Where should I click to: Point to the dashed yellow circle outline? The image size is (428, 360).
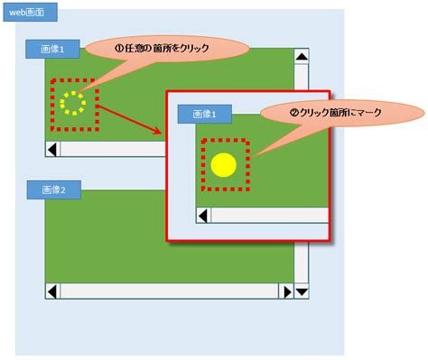pyautogui.click(x=73, y=101)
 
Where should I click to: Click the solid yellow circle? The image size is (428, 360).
pyautogui.click(x=223, y=164)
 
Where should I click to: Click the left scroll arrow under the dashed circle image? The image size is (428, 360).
pyautogui.click(x=53, y=147)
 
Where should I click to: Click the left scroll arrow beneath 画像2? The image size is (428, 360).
pyautogui.click(x=53, y=291)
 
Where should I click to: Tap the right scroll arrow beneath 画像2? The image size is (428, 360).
pyautogui.click(x=286, y=291)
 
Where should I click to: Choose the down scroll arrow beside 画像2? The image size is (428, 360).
pyautogui.click(x=302, y=291)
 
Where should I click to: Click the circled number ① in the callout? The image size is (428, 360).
pyautogui.click(x=118, y=48)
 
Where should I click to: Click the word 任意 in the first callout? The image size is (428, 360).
pyautogui.click(x=135, y=49)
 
